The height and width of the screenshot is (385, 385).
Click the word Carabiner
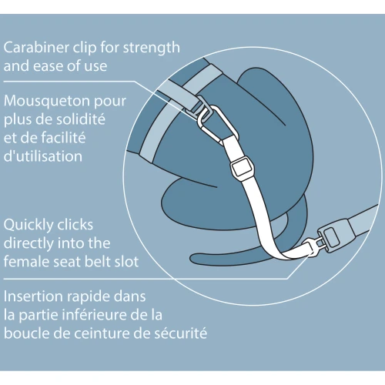pos(36,48)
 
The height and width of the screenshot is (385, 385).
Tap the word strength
pos(152,49)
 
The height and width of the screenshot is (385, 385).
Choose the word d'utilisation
pos(43,156)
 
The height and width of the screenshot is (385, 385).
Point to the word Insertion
pos(33,296)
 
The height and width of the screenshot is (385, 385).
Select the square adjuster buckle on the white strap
pos(242,168)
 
